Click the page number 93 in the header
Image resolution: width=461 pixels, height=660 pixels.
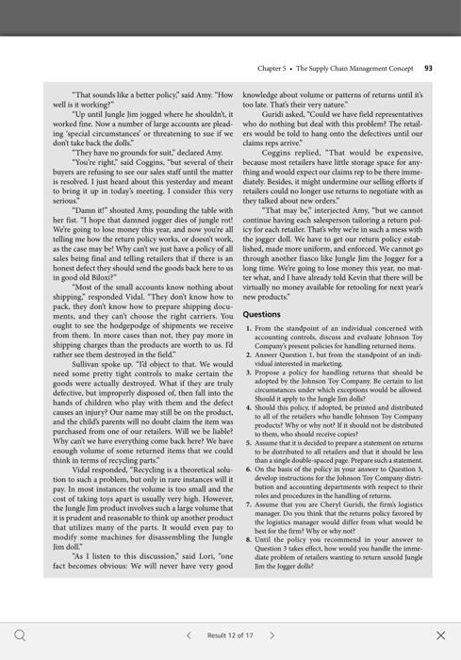pyautogui.click(x=428, y=68)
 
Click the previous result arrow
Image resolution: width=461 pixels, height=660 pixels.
pyautogui.click(x=189, y=635)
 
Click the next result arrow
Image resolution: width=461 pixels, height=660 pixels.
pyautogui.click(x=272, y=635)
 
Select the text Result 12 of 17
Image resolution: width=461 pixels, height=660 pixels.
pyautogui.click(x=230, y=635)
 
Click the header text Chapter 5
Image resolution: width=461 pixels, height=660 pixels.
pyautogui.click(x=274, y=68)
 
